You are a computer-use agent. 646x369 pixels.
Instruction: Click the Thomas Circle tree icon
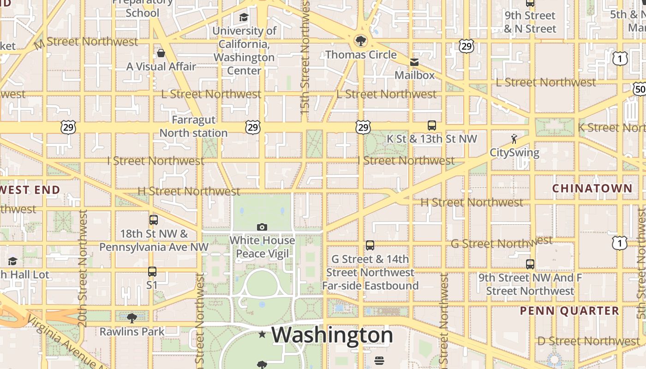click(360, 41)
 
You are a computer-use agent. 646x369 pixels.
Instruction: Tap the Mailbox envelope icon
click(414, 62)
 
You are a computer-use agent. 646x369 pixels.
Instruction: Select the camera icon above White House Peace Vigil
click(262, 227)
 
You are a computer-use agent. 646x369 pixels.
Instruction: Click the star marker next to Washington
click(262, 334)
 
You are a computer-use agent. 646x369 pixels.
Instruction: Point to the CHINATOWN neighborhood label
click(592, 188)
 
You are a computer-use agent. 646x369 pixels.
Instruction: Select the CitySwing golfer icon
click(514, 139)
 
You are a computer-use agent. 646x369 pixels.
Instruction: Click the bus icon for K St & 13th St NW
click(431, 125)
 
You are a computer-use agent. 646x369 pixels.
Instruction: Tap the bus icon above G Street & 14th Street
click(370, 245)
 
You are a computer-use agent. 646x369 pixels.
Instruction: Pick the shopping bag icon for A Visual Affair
click(161, 53)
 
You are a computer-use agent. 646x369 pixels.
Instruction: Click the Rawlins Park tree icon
click(132, 318)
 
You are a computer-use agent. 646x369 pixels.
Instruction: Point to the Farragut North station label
click(193, 126)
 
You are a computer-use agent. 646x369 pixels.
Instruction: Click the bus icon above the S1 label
click(152, 272)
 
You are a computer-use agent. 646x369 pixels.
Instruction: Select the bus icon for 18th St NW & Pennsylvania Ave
click(154, 220)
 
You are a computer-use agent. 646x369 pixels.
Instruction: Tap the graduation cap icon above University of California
click(243, 18)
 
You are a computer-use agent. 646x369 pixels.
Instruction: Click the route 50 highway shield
click(640, 89)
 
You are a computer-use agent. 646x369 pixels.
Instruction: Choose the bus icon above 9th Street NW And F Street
click(530, 264)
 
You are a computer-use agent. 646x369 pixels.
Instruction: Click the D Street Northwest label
click(588, 341)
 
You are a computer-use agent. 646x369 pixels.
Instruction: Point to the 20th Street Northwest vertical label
click(83, 268)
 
